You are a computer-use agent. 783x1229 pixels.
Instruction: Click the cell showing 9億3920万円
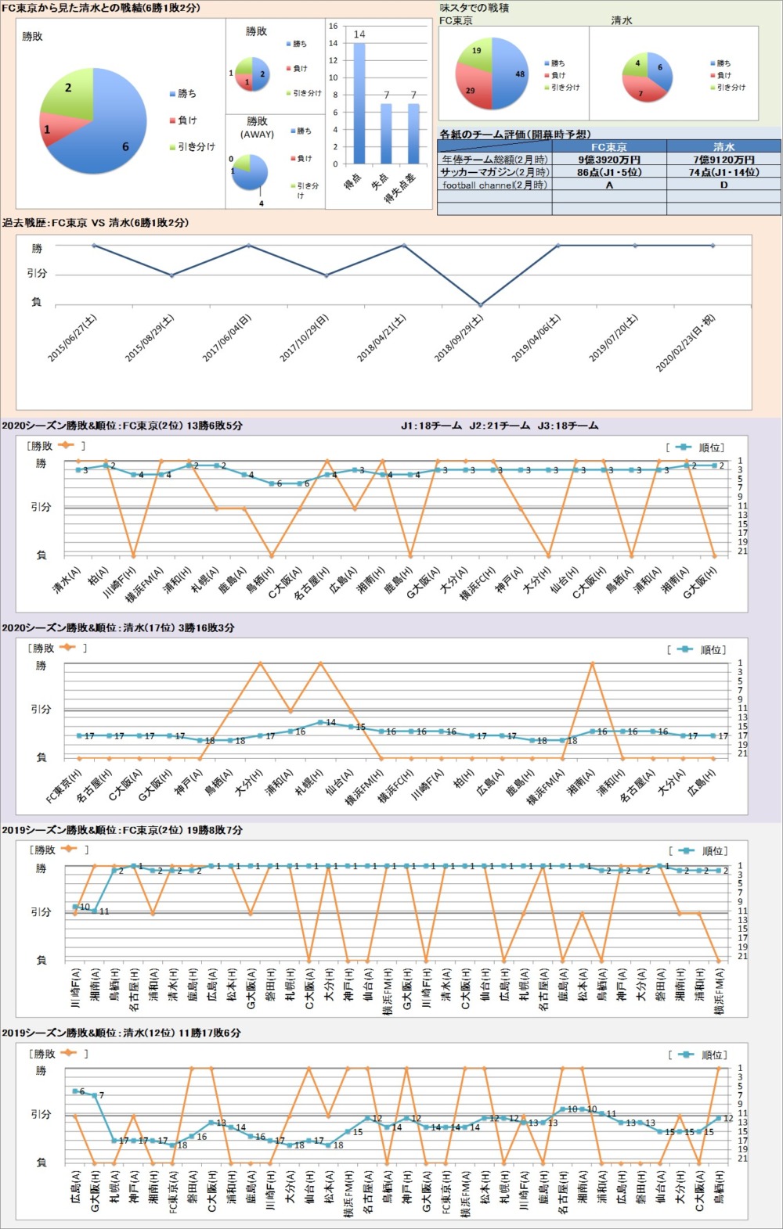608,160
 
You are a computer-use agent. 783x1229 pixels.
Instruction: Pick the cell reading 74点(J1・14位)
723,172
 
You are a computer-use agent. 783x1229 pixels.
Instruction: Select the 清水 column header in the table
723,146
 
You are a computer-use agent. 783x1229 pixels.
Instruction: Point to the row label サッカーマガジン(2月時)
494,172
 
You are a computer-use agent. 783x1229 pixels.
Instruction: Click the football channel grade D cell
723,185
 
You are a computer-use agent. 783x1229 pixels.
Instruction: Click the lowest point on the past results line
481,304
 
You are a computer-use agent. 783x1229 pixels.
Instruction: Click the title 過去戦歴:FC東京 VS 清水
95,223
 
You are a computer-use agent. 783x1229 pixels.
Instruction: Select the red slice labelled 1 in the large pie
50,128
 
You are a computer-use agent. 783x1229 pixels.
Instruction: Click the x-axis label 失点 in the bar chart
381,181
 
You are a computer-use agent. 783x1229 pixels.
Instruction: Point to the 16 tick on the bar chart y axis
333,26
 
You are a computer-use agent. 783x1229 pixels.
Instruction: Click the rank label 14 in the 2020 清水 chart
330,723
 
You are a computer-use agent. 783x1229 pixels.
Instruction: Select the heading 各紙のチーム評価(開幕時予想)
514,134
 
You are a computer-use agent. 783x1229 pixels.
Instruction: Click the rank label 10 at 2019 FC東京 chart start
85,907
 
